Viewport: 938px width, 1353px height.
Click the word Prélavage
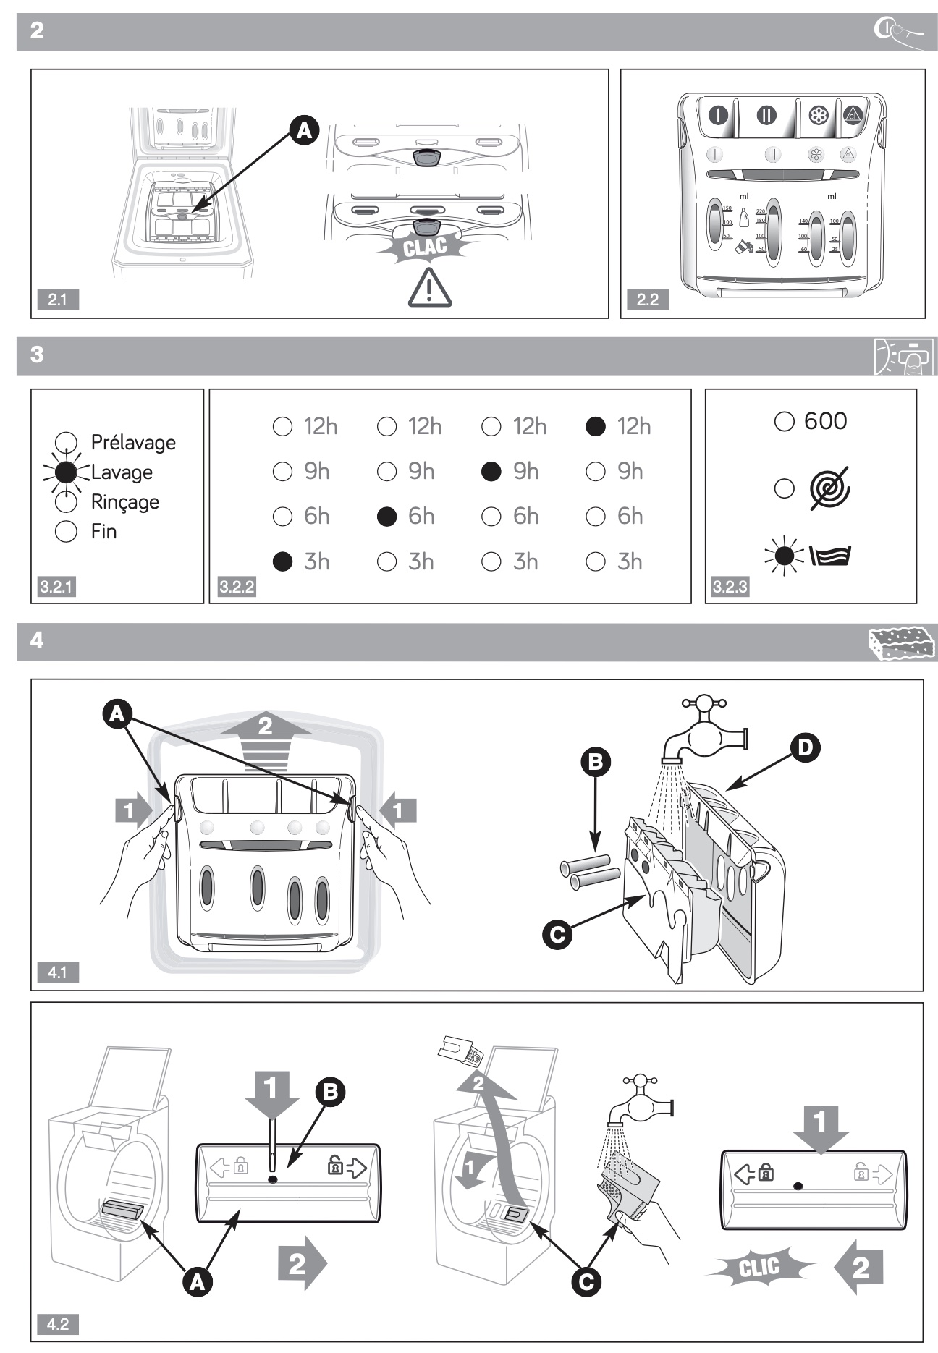(x=133, y=442)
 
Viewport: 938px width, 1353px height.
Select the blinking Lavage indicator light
(x=66, y=472)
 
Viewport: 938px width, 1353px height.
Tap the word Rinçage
(x=124, y=502)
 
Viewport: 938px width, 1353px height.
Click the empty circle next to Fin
(x=66, y=532)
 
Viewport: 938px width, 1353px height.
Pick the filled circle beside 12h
(x=595, y=427)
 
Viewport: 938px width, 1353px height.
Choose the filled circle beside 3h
(x=282, y=561)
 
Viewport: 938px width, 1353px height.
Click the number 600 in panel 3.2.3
(x=825, y=421)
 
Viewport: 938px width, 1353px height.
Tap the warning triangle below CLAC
(x=429, y=287)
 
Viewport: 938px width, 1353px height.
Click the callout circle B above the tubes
(x=596, y=761)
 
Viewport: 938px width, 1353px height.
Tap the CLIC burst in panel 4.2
(x=759, y=1267)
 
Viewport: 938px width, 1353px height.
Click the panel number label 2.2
(x=648, y=300)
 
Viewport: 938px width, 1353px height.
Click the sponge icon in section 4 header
(x=900, y=642)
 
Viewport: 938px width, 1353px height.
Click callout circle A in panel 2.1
(x=304, y=130)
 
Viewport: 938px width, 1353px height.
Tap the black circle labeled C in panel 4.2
(x=586, y=1282)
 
